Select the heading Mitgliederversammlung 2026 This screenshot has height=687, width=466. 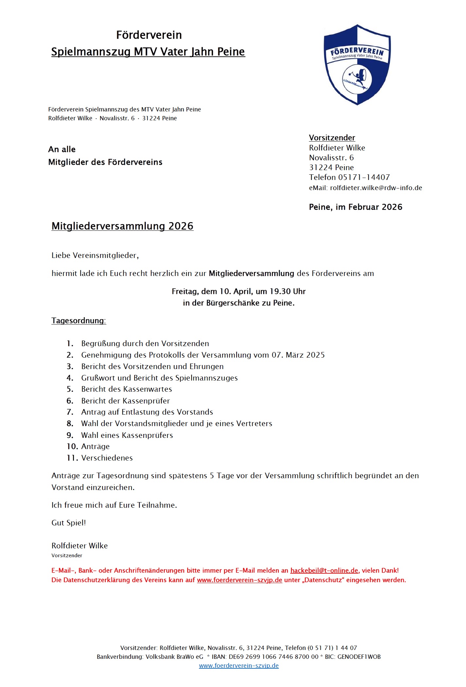pos(122,226)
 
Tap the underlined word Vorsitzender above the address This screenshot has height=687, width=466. pos(332,138)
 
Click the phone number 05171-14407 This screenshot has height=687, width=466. pos(364,177)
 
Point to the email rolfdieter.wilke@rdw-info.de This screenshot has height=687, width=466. pos(376,188)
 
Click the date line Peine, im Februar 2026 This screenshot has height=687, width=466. pos(355,207)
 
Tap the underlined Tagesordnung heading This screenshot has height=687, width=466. pos(79,321)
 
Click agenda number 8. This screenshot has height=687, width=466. pos(70,423)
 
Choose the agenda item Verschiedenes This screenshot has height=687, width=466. pos(107,458)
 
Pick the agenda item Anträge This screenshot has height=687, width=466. pos(95,446)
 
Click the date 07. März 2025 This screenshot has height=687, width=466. pos(298,355)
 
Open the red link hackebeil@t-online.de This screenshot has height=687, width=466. pos(324,570)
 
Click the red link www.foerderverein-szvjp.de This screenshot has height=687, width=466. pos(239,580)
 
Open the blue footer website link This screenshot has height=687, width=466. pos(239,666)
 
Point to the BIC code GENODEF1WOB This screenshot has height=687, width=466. pos(359,657)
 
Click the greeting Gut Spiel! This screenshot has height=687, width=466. pos(68,523)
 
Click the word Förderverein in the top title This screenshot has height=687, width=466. pos(149,35)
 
